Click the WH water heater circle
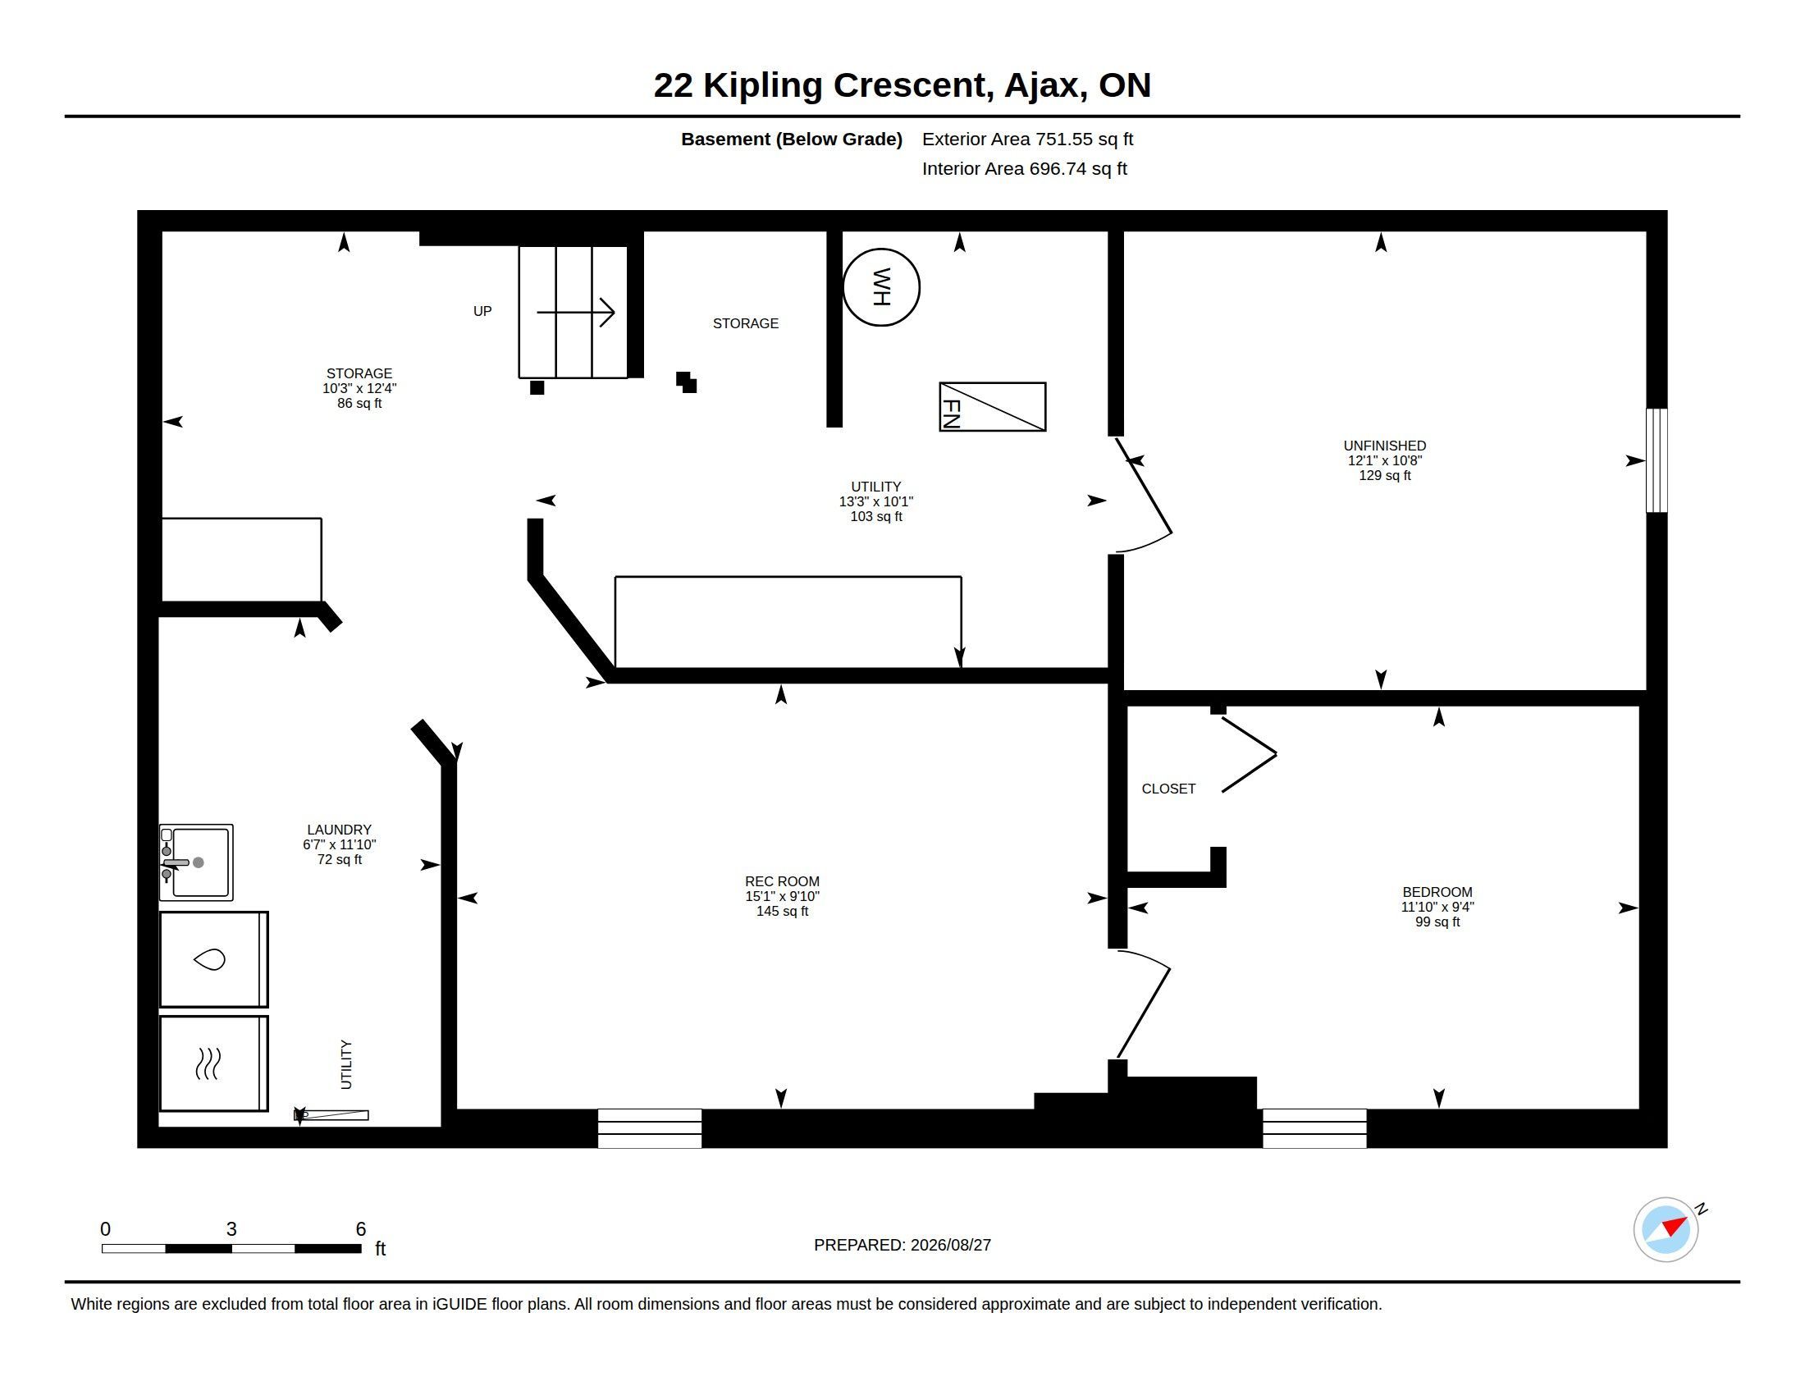(x=881, y=249)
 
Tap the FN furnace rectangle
(x=993, y=406)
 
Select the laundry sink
(x=196, y=862)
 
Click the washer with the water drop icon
(x=214, y=959)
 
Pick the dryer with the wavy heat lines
(x=214, y=1063)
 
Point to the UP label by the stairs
(x=482, y=311)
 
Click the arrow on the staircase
(x=576, y=313)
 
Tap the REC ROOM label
(x=782, y=881)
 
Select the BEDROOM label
(x=1437, y=892)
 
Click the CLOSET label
(x=1168, y=789)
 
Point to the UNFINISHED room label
(x=1384, y=446)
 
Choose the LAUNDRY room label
(x=339, y=830)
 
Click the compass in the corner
(x=1666, y=1230)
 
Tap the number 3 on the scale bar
(x=231, y=1229)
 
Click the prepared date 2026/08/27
(x=950, y=1245)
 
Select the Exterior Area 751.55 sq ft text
(x=1027, y=139)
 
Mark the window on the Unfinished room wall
(x=1656, y=460)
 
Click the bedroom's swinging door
(x=1143, y=1004)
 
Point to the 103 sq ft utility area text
(x=876, y=516)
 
